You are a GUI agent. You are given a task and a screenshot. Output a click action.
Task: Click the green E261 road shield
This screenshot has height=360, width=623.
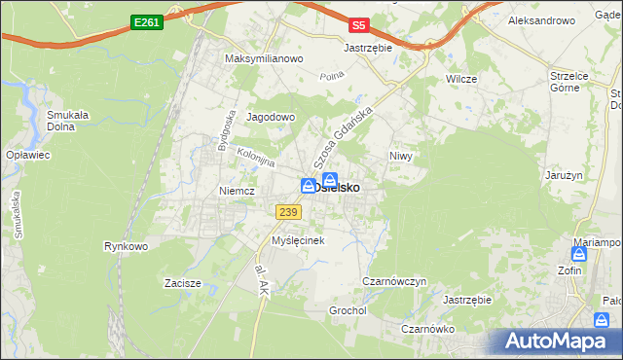point(147,20)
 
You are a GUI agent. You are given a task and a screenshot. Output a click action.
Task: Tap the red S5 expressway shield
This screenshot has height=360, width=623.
point(360,24)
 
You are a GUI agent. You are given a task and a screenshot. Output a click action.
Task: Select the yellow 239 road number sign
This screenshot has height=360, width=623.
point(287,212)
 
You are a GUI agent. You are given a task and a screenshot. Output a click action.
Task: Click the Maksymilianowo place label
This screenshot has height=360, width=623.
point(265,58)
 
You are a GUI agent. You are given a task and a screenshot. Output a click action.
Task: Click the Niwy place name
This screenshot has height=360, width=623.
point(401,156)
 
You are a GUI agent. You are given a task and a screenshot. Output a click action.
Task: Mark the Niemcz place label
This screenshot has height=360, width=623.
point(237,191)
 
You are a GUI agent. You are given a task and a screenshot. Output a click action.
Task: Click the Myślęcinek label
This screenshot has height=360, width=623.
point(297,239)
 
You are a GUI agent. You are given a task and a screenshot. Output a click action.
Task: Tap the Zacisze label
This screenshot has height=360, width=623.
point(182,284)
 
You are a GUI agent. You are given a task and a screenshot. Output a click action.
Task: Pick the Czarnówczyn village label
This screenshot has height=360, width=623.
point(394,281)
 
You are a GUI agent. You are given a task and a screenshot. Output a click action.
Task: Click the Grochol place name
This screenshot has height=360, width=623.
point(347,310)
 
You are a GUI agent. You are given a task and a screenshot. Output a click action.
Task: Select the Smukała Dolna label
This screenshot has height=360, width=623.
point(68,120)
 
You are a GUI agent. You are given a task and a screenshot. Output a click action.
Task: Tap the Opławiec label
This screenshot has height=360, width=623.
point(27,156)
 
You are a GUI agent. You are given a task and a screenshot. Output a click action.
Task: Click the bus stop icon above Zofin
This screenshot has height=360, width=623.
point(579,254)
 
